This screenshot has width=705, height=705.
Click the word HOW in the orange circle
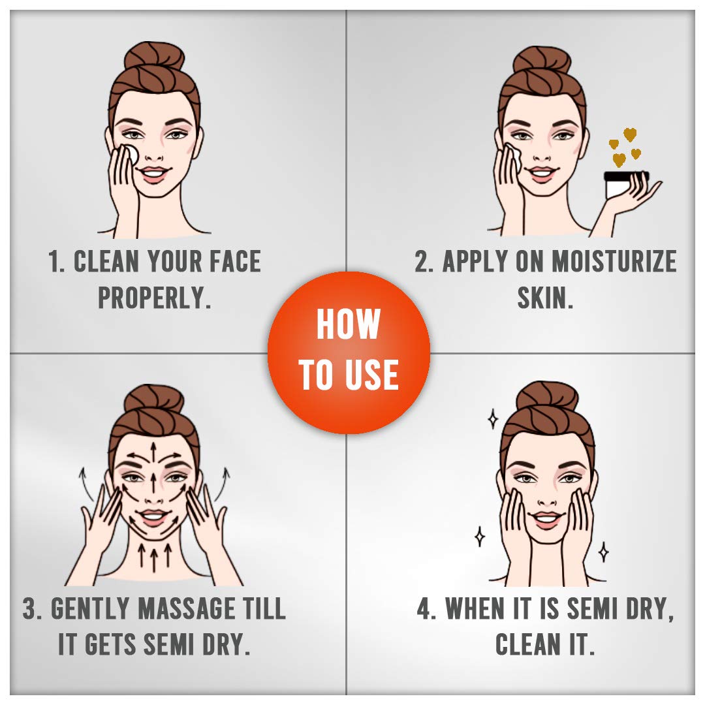(x=349, y=324)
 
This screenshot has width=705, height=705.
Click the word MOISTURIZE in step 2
(x=614, y=261)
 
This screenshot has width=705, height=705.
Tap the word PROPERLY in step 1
(x=154, y=298)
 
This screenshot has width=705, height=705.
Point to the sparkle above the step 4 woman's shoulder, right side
(x=604, y=552)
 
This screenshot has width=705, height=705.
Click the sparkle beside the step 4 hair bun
(x=493, y=419)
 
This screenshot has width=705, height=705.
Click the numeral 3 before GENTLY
(x=29, y=609)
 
